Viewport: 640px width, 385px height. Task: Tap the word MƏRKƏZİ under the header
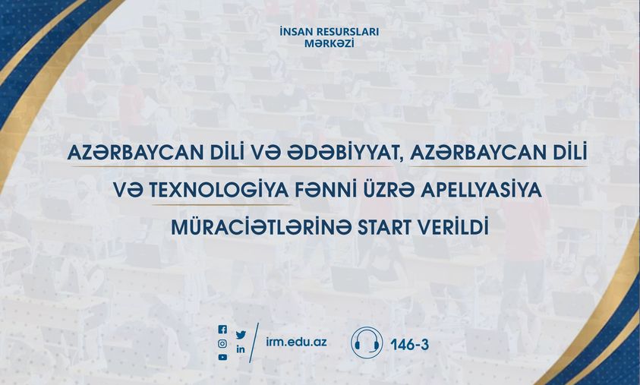(329, 43)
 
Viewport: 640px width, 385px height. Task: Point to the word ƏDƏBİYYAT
(343, 153)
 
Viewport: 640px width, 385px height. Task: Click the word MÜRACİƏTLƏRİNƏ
(261, 226)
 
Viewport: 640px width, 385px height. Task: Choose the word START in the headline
(391, 228)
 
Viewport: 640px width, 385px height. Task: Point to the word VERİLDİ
(459, 227)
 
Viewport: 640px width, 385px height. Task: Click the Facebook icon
(222, 330)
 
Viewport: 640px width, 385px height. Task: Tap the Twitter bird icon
(241, 335)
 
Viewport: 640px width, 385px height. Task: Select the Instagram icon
(222, 344)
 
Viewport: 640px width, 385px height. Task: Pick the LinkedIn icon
(241, 349)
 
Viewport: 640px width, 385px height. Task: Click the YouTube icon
(222, 357)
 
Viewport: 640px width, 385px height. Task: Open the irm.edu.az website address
(296, 342)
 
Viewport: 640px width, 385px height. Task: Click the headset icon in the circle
(367, 342)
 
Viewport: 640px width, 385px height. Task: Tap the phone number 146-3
(409, 345)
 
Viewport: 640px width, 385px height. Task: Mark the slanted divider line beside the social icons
(254, 343)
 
